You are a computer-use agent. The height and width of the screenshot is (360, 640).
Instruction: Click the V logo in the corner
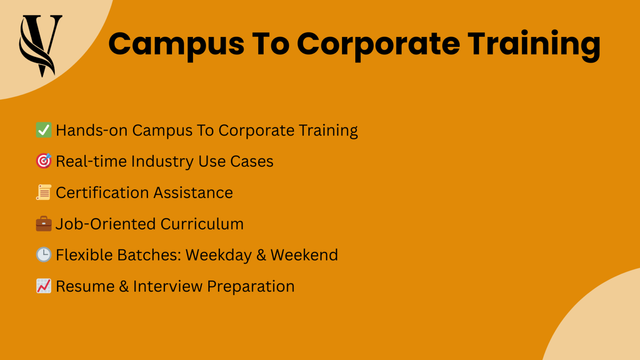[x=40, y=45]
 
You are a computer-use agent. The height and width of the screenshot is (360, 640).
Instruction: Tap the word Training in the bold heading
[x=534, y=44]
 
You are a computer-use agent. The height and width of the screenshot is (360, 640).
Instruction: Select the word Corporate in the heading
[x=378, y=44]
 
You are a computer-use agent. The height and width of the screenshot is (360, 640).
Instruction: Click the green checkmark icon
[x=44, y=130]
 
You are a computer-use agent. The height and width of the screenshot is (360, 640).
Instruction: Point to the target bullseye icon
[x=44, y=161]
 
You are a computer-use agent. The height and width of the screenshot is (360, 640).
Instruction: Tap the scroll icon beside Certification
[x=44, y=192]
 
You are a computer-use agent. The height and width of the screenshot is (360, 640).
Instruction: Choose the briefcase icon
[x=44, y=224]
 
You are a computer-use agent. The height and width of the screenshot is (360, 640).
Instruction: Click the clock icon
[x=44, y=255]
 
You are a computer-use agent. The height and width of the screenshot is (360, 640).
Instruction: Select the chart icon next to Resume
[x=44, y=286]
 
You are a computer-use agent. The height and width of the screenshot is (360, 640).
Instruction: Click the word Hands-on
[x=92, y=130]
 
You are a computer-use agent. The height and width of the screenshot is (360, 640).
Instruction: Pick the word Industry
[x=162, y=162]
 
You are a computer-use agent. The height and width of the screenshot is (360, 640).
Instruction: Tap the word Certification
[x=102, y=193]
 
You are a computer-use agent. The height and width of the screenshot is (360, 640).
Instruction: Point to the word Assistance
[x=193, y=193]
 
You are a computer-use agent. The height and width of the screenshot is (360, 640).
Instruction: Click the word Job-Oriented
[x=105, y=224]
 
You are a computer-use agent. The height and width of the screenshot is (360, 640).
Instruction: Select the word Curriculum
[x=202, y=224]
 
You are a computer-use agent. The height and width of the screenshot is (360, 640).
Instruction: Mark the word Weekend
[x=304, y=255]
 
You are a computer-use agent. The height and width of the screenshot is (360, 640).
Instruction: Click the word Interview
[x=167, y=286]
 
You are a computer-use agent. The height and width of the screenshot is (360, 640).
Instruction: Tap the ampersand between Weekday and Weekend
[x=261, y=255]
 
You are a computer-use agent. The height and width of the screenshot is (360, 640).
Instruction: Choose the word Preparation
[x=251, y=287]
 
